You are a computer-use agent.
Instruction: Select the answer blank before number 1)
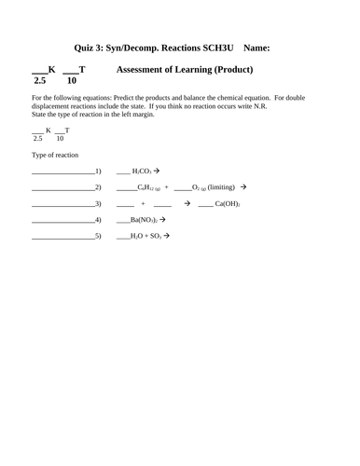[62, 172]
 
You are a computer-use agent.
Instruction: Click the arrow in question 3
[190, 203]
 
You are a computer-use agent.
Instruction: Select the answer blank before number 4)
[62, 221]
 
